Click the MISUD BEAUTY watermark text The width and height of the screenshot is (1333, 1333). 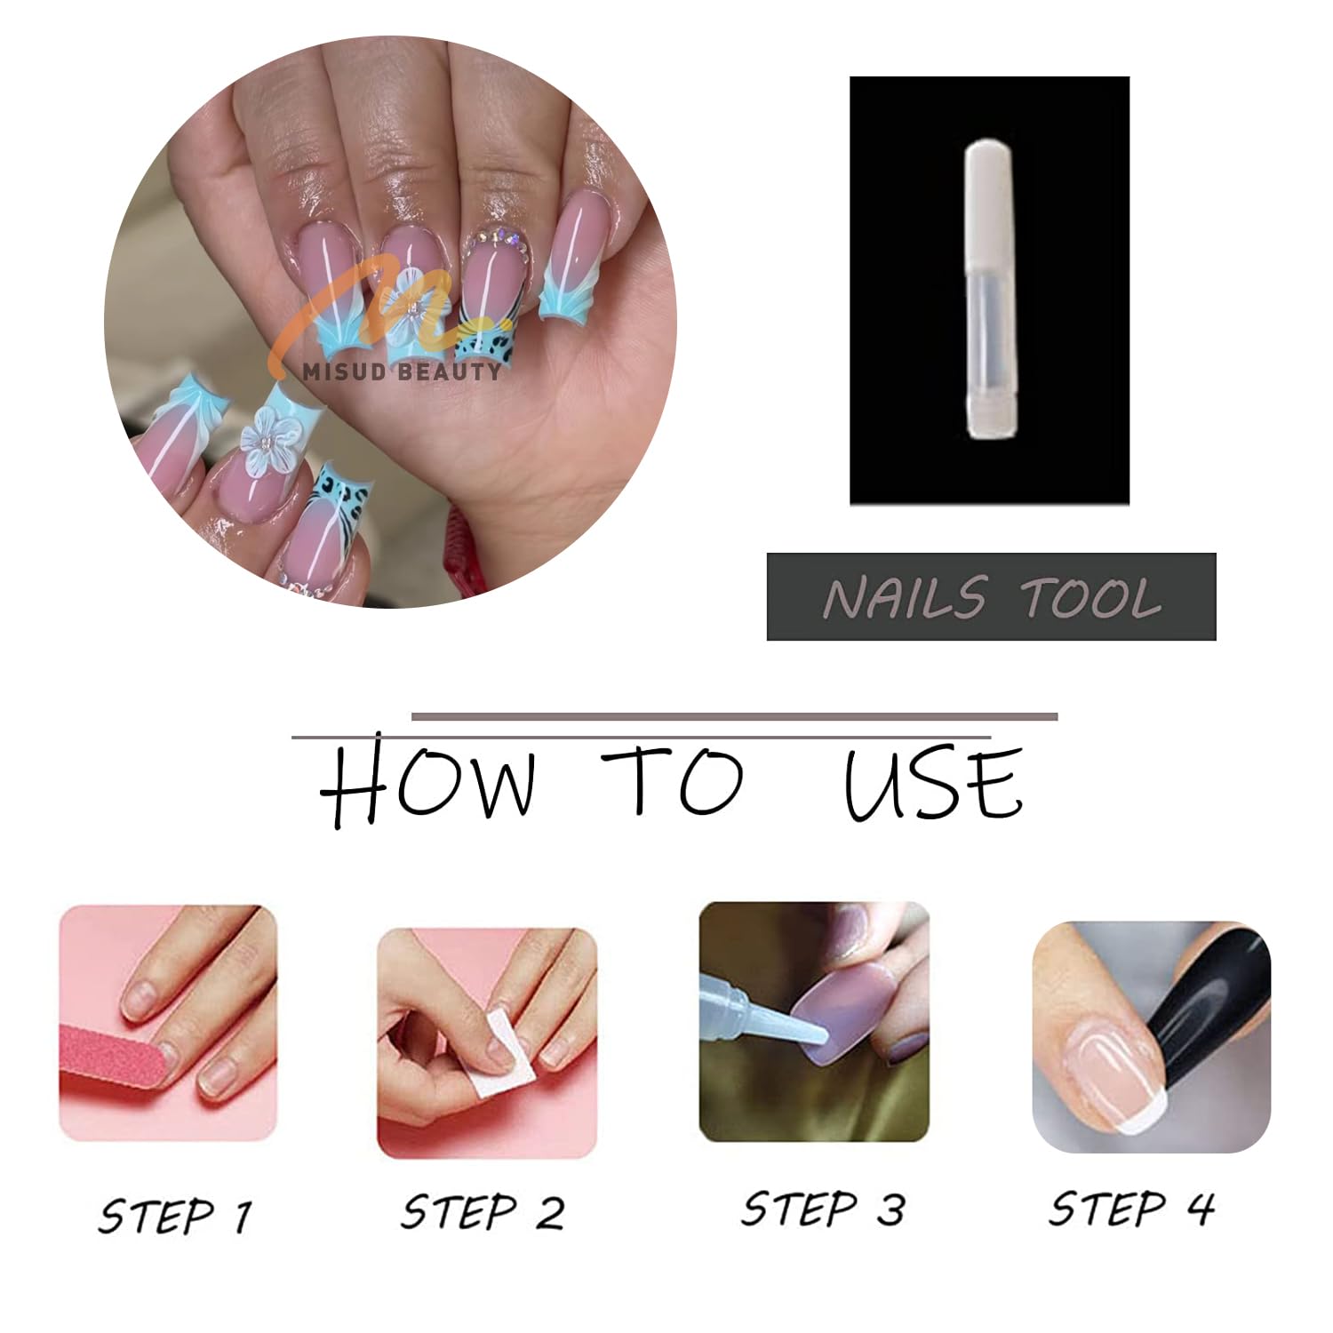(401, 371)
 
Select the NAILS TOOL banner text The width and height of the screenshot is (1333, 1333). (992, 597)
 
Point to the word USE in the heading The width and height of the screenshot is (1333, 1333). (933, 783)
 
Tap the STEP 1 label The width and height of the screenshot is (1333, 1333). (175, 1215)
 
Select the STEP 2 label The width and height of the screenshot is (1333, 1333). (483, 1211)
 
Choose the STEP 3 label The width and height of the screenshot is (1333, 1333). (822, 1209)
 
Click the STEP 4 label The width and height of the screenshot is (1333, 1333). (1130, 1208)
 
